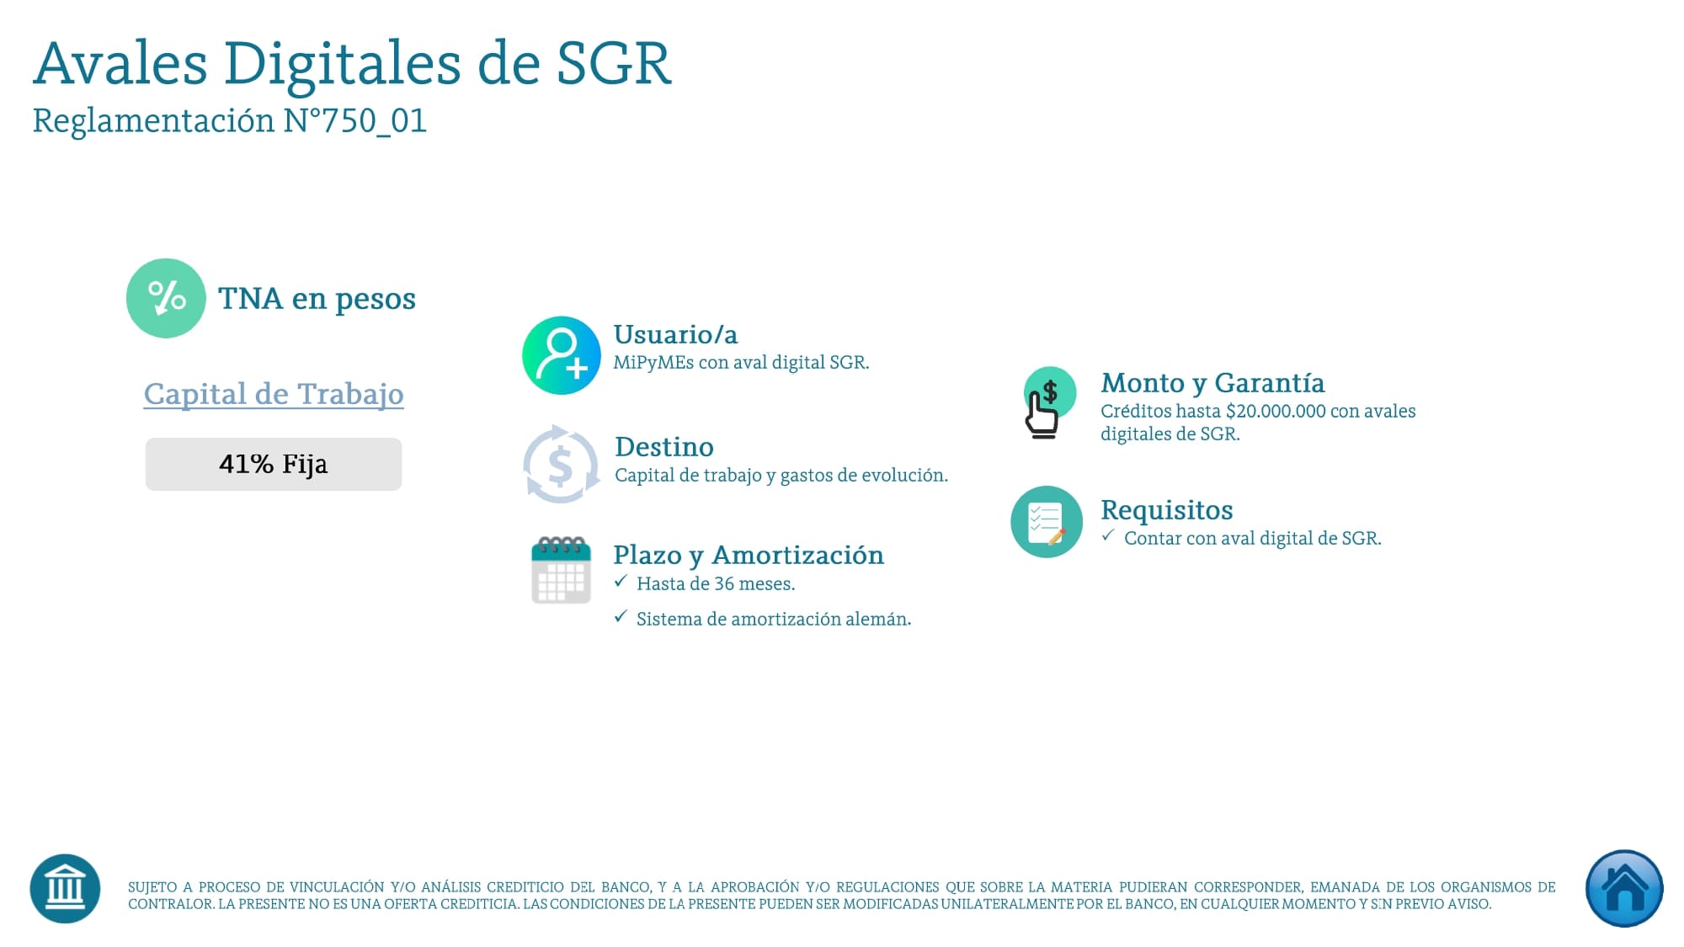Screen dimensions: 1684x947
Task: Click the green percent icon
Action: tap(166, 298)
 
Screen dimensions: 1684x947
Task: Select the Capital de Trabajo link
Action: tap(274, 394)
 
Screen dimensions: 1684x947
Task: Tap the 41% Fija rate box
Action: tap(274, 464)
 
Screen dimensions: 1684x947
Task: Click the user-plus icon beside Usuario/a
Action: tap(562, 355)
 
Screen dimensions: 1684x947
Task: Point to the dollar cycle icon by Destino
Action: tap(562, 465)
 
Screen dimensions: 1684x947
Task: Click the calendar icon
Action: tap(562, 570)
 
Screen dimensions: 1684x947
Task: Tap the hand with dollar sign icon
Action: tap(1047, 402)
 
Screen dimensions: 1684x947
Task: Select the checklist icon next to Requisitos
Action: tap(1047, 522)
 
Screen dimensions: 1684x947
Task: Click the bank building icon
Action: tap(65, 889)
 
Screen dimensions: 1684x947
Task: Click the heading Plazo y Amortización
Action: tap(749, 556)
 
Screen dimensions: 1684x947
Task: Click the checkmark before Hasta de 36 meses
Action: tap(621, 581)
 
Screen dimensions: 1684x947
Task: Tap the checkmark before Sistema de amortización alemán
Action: tap(621, 616)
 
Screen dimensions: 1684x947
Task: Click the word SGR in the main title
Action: tap(614, 63)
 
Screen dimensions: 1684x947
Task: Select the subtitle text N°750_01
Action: tap(354, 120)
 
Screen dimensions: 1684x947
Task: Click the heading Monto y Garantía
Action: tap(1212, 384)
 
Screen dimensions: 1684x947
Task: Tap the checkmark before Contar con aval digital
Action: tap(1108, 535)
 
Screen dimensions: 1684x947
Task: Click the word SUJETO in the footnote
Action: tap(152, 887)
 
